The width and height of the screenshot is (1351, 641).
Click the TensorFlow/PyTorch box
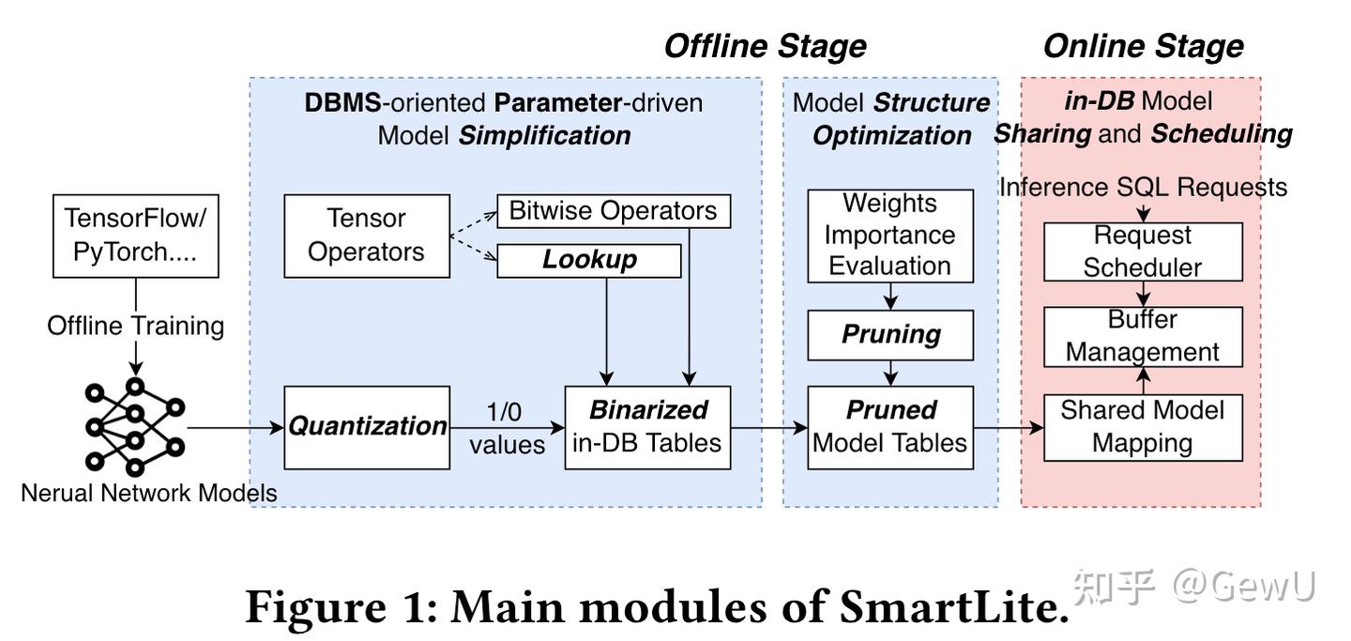pyautogui.click(x=136, y=236)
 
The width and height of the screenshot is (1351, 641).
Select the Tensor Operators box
pyautogui.click(x=367, y=236)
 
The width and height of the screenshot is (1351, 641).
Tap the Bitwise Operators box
pyautogui.click(x=614, y=211)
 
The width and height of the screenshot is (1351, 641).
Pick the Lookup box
pyautogui.click(x=588, y=261)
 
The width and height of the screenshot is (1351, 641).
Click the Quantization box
pyautogui.click(x=367, y=427)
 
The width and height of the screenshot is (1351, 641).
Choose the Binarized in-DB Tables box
pyautogui.click(x=647, y=427)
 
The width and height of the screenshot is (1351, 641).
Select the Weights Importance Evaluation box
pyautogui.click(x=890, y=236)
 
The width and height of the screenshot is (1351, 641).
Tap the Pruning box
pyautogui.click(x=890, y=335)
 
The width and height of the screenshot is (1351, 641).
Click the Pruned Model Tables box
pyautogui.click(x=890, y=427)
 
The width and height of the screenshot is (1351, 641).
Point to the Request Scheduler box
pyautogui.click(x=1143, y=252)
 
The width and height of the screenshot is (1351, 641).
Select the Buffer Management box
pyautogui.click(x=1143, y=337)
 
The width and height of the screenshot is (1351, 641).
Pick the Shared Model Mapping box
pyautogui.click(x=1143, y=427)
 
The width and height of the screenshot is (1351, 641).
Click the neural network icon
pyautogui.click(x=135, y=427)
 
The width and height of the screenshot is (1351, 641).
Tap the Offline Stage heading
pyautogui.click(x=766, y=46)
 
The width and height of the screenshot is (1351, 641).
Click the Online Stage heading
pyautogui.click(x=1144, y=46)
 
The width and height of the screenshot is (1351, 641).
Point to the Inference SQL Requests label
pyautogui.click(x=1143, y=187)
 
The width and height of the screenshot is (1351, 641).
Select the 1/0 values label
pyautogui.click(x=507, y=429)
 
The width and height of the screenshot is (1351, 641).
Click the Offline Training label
pyautogui.click(x=136, y=326)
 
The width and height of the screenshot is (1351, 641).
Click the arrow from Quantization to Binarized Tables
pyautogui.click(x=508, y=428)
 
